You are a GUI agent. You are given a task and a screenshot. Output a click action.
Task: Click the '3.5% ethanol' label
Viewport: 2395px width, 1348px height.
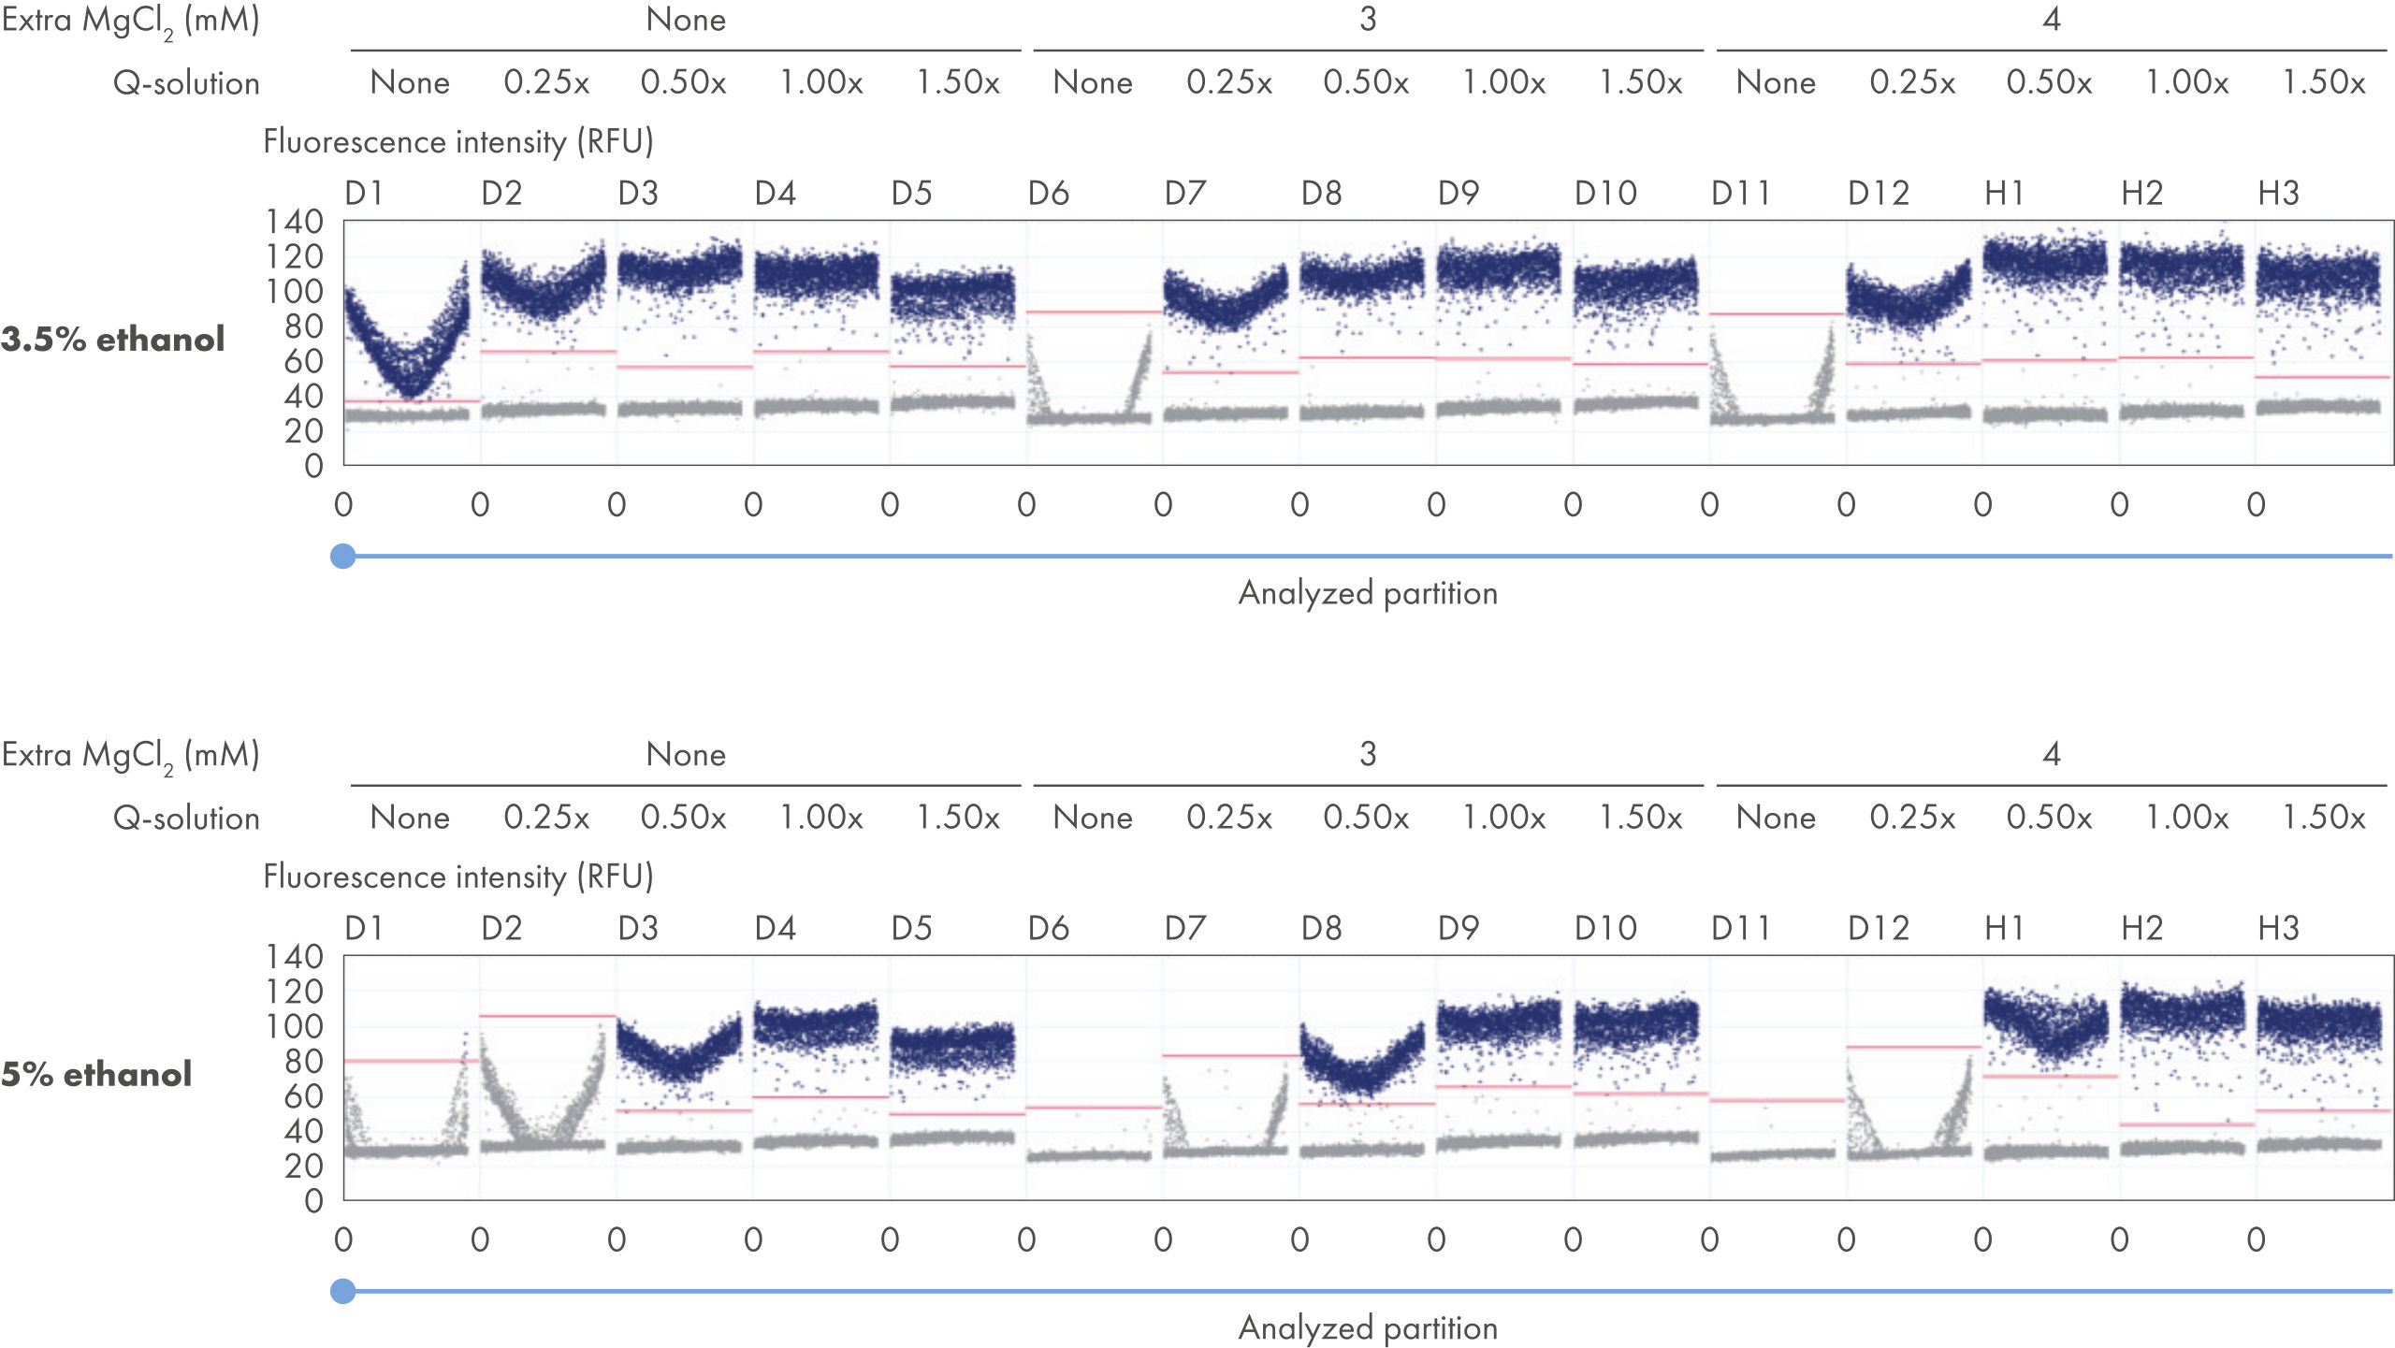(x=112, y=339)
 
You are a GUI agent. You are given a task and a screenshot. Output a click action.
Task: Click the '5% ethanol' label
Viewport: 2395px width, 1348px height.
(x=96, y=1074)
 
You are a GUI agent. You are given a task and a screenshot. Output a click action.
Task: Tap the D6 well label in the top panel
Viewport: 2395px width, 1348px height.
(x=1048, y=194)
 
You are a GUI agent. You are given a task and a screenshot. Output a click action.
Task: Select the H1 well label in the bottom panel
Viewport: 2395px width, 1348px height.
(x=2004, y=929)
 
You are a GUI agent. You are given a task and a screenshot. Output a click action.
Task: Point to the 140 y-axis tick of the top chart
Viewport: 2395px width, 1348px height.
(x=295, y=222)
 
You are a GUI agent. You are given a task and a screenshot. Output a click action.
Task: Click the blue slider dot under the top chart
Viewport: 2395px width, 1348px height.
(x=343, y=556)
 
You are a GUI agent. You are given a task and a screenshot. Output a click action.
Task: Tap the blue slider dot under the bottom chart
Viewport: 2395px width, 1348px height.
(x=343, y=1291)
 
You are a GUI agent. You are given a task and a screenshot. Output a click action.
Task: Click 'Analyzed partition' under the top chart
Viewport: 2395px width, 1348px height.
(x=1368, y=593)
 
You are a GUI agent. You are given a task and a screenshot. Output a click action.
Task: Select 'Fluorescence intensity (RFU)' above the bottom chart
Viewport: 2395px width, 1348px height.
(x=457, y=877)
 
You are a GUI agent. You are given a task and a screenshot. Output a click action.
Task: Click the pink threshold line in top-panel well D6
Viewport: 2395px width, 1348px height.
(x=1094, y=312)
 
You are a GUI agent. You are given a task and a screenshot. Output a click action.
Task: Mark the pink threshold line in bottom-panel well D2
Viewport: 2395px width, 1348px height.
(x=547, y=1016)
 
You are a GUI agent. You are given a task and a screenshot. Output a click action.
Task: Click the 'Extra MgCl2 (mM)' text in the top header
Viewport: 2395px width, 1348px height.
(x=130, y=21)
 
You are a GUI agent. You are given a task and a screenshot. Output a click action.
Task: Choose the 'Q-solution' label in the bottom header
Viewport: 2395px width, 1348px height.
(x=186, y=819)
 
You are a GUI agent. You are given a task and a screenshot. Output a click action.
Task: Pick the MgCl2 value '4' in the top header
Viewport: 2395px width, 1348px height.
(x=2052, y=20)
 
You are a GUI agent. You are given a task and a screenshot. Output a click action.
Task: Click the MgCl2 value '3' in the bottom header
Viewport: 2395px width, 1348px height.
(x=1368, y=754)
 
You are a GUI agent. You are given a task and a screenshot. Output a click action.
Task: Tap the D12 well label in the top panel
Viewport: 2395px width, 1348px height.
(x=1878, y=194)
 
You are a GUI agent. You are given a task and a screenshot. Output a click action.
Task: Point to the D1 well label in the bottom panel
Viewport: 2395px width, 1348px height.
(x=364, y=929)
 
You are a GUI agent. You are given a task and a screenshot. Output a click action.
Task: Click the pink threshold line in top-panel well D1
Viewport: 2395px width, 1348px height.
(x=412, y=401)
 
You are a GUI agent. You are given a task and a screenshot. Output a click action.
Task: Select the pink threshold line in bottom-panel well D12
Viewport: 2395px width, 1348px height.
(x=1913, y=1047)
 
